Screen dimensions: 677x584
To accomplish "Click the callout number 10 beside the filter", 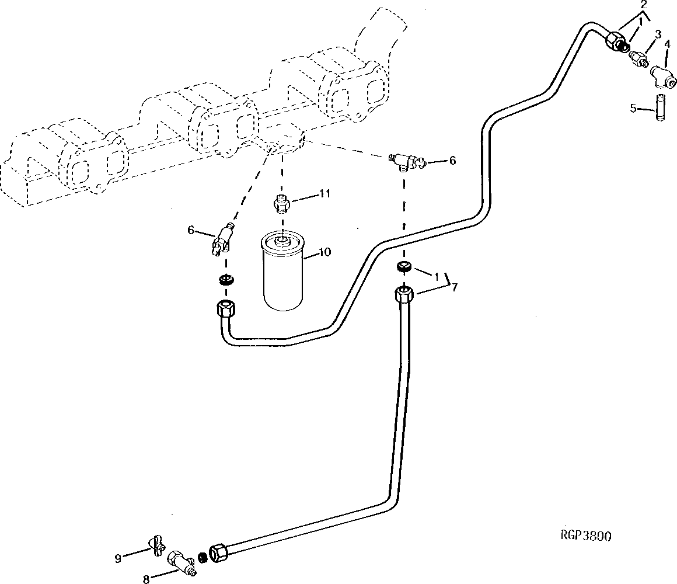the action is (x=324, y=251).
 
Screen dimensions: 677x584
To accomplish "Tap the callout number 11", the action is (x=324, y=193).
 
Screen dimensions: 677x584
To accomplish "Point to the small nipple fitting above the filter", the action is (x=281, y=203).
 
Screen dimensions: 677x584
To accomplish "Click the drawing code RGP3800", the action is (x=585, y=536).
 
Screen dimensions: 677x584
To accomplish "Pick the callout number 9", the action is (x=118, y=558).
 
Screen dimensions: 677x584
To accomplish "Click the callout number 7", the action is (x=454, y=287).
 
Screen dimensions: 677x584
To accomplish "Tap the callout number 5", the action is (x=633, y=109).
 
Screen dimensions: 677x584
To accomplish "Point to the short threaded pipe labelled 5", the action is (x=660, y=107).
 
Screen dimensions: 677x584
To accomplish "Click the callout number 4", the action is (x=667, y=44).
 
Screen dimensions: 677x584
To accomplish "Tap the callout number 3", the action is (x=658, y=34).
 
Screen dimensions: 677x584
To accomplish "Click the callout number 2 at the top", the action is (x=643, y=5).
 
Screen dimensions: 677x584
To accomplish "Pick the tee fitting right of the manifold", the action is (x=407, y=161).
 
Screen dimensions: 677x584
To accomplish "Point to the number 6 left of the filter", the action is (x=190, y=230).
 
